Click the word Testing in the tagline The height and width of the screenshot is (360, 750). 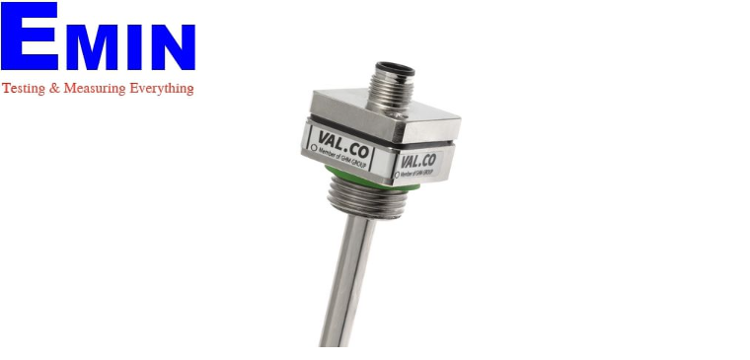[x=22, y=89]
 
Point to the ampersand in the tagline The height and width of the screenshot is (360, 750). [x=53, y=89]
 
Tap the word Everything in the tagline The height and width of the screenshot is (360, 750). [x=160, y=89]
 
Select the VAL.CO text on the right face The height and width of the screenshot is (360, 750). [x=418, y=159]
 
